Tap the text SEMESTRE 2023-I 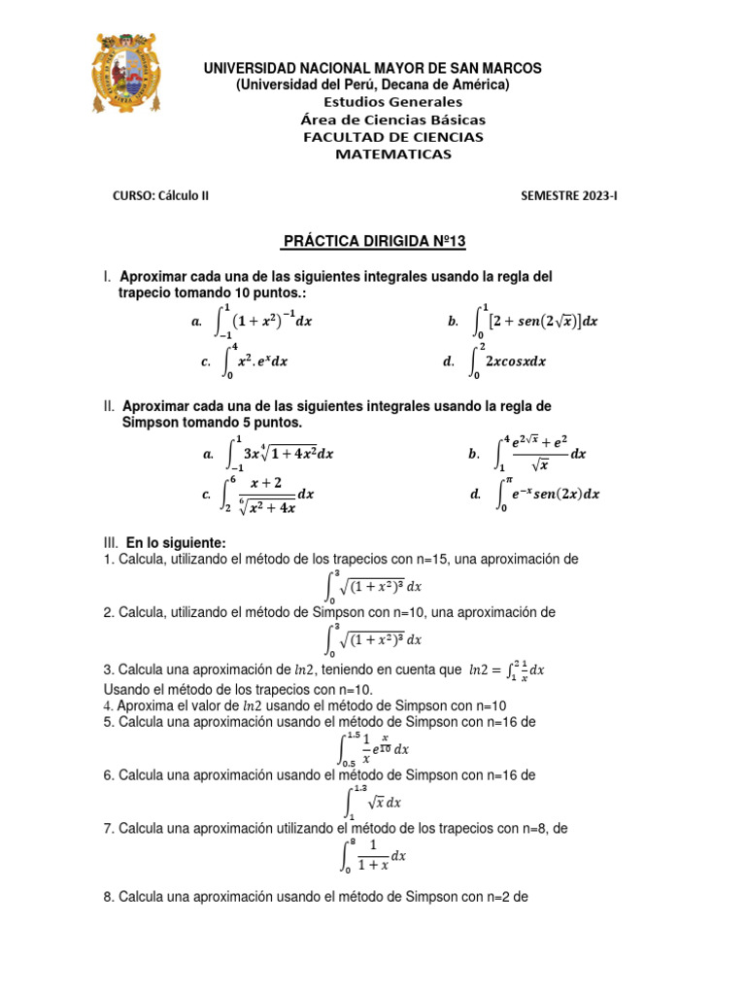pos(568,195)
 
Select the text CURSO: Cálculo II pos(161,195)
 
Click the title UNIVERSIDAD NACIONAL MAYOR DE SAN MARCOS pos(372,68)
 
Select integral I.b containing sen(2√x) pos(535,321)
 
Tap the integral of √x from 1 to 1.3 pos(373,803)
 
